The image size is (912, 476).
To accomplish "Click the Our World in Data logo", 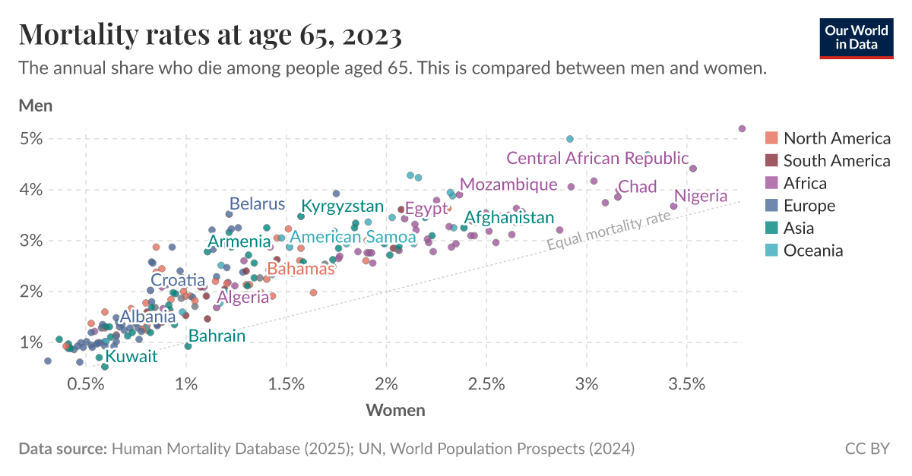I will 856,36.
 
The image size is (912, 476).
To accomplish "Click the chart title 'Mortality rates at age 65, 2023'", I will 211,34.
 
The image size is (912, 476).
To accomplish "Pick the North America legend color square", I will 771,138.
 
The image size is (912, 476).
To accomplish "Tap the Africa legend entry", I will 805,183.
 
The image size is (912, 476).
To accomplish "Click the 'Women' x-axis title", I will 395,411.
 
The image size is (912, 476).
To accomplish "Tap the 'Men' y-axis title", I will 35,106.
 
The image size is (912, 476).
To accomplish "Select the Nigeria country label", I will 701,196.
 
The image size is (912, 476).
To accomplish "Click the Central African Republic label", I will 597,159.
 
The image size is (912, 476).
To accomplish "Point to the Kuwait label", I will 131,356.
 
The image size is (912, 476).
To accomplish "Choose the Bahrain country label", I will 217,336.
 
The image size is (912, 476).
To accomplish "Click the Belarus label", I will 257,203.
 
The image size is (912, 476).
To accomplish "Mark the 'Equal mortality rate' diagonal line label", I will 610,231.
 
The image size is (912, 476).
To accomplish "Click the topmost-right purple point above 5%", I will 743,128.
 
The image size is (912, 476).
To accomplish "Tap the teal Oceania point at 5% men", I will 570,139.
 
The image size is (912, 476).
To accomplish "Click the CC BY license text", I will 866,449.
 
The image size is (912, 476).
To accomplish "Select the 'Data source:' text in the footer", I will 62,449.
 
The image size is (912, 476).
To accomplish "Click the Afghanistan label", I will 509,218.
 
